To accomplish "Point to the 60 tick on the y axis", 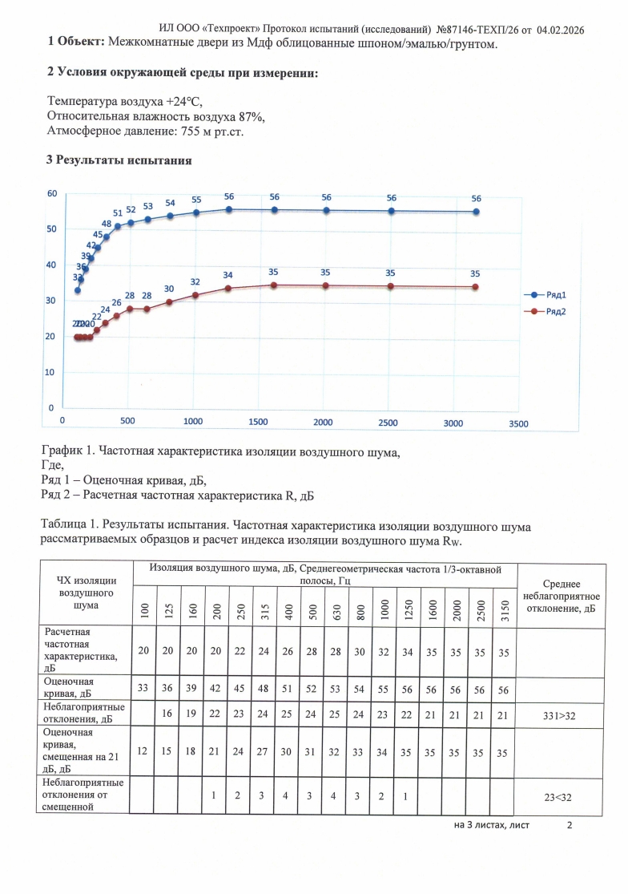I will tap(51, 194).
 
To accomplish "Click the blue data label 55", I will tap(196, 200).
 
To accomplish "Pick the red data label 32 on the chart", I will tap(195, 282).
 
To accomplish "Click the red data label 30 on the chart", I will tap(169, 289).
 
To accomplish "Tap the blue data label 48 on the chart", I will tap(107, 225).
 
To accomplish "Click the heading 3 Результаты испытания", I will tap(119, 160).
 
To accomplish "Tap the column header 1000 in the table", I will tap(387, 611).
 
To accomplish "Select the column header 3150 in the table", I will tap(503, 611).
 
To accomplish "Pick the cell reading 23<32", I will tap(559, 795).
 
